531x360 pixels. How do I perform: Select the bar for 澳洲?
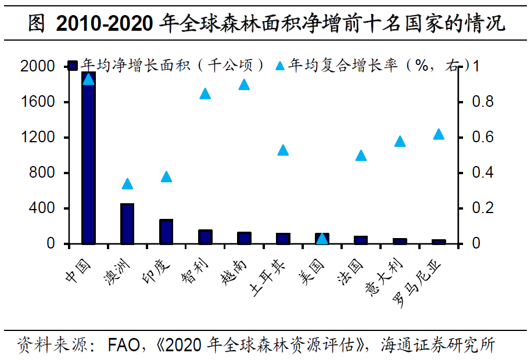point(127,224)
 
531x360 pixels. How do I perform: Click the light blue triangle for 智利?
point(205,93)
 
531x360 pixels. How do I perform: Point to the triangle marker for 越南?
point(244,85)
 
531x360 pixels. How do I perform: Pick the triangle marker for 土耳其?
point(283,150)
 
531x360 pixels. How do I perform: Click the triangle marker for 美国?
point(322,239)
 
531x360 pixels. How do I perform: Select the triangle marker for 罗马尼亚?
point(439,134)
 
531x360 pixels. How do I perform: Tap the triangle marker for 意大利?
point(400,141)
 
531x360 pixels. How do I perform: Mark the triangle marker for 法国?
point(361,155)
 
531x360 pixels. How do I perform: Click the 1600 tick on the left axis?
point(38,102)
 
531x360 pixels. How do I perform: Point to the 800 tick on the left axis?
point(42,173)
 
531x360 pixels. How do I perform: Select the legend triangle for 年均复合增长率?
point(279,65)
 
